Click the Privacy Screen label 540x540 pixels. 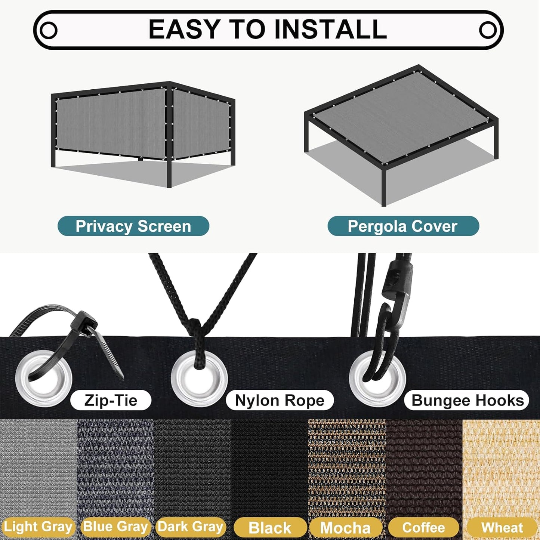click(x=133, y=226)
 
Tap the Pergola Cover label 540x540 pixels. click(x=403, y=226)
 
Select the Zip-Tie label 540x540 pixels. click(x=111, y=400)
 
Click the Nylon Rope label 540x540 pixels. click(x=280, y=400)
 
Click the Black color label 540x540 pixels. click(x=270, y=527)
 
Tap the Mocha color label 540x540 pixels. click(x=345, y=527)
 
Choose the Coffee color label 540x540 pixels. click(x=424, y=527)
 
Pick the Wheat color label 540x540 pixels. click(x=502, y=527)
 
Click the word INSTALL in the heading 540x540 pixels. click(x=330, y=29)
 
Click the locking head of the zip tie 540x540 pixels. click(x=84, y=324)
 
